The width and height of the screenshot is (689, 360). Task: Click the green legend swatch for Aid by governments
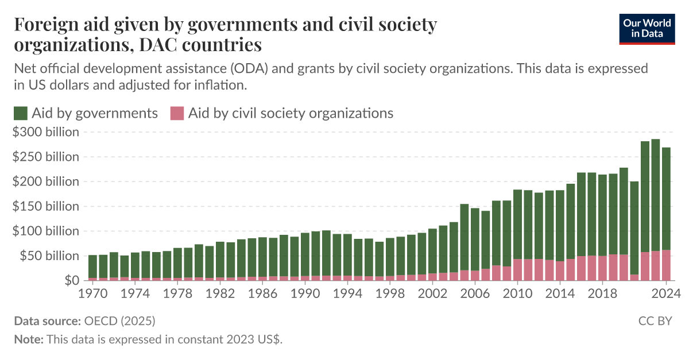[x=20, y=113]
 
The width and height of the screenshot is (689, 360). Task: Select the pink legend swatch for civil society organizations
[x=176, y=113]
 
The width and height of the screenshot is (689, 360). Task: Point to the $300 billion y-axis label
[x=45, y=132]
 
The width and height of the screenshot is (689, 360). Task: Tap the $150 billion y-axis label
[x=45, y=206]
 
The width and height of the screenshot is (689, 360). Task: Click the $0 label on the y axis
[x=71, y=281]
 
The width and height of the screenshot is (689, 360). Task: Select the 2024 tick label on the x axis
[x=666, y=292]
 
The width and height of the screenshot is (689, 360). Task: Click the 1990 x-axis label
[x=305, y=292]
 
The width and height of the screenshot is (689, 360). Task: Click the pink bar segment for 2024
[x=666, y=265]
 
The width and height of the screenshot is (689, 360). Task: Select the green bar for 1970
[x=92, y=266]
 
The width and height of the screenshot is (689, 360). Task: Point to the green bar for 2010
[x=517, y=224]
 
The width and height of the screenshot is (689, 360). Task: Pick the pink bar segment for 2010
[x=517, y=270]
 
